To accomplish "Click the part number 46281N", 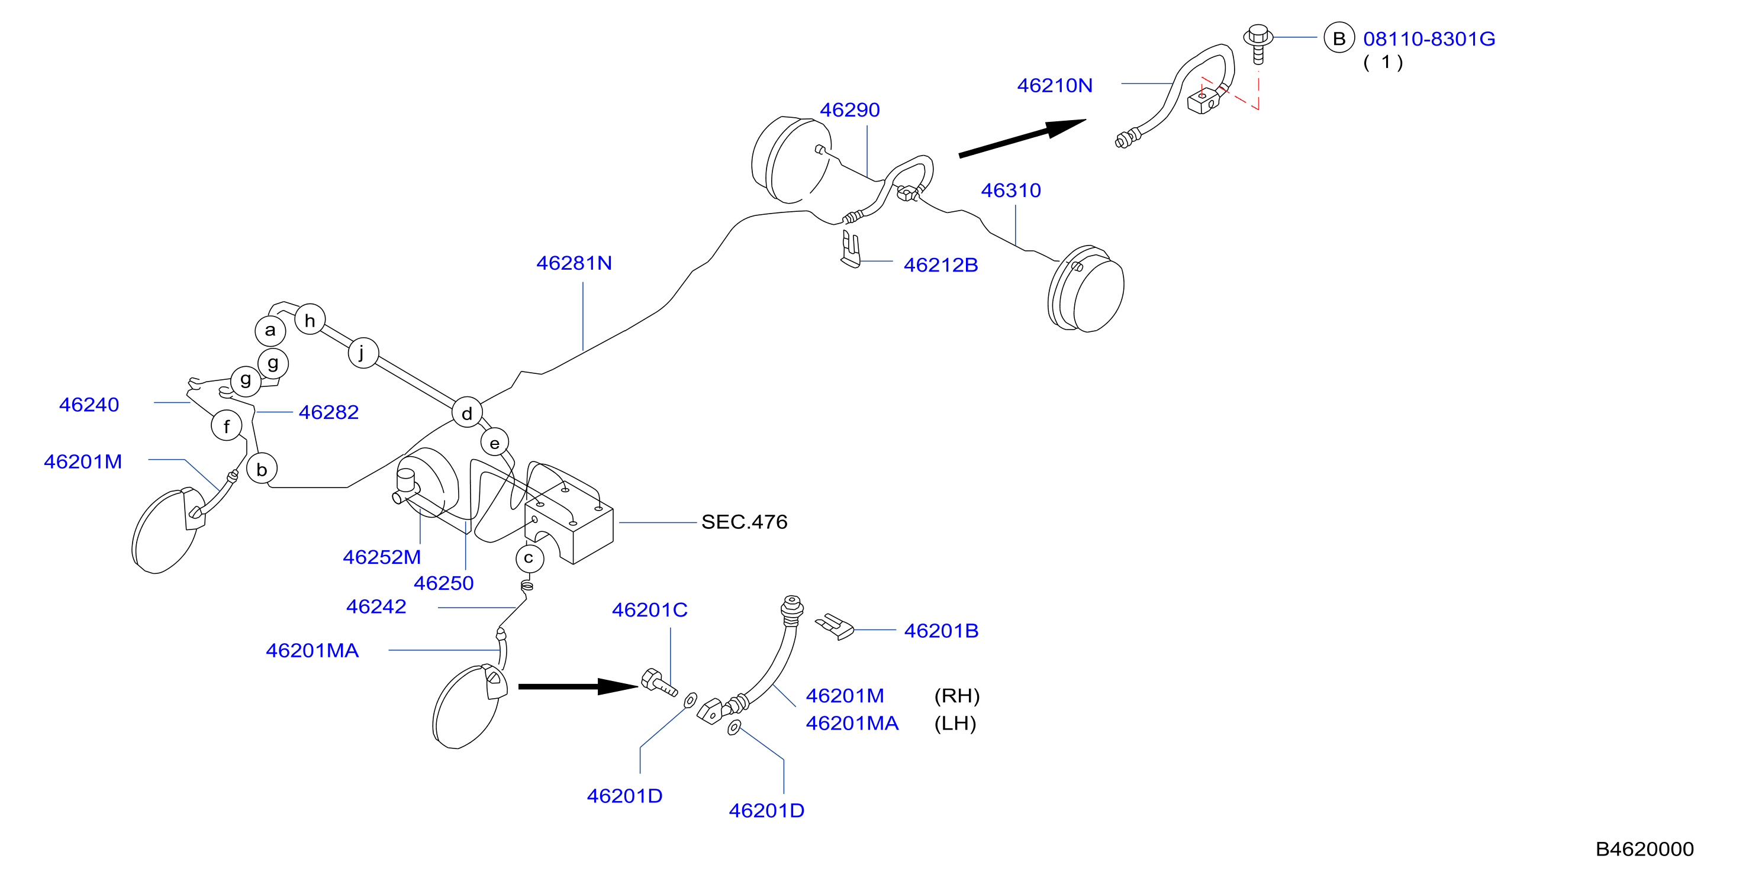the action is (574, 263).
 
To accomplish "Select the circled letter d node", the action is (467, 412).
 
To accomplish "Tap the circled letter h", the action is (310, 319).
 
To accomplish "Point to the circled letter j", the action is (363, 353).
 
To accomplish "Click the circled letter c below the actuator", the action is (529, 558).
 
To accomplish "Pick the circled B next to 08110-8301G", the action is (1339, 38).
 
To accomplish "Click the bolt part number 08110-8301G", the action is (1429, 39).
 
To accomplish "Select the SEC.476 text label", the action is (744, 522).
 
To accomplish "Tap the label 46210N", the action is (1055, 85).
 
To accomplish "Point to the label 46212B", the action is (940, 264).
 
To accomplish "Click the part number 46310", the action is (1011, 190).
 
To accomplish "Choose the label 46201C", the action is (650, 609).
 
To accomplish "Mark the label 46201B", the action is (941, 631).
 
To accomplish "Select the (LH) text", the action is (955, 723).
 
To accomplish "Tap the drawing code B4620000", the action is (1644, 848).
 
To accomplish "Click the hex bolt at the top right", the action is (1258, 43).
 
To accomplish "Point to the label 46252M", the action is (382, 557).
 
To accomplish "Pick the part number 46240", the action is (89, 404).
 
